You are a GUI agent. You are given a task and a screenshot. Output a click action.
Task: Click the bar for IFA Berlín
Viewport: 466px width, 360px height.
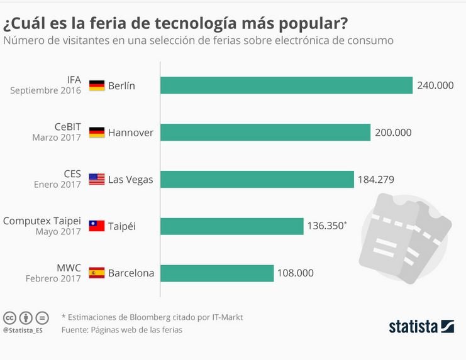pyautogui.click(x=287, y=85)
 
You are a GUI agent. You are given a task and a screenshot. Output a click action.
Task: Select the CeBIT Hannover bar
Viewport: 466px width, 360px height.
pyautogui.click(x=265, y=133)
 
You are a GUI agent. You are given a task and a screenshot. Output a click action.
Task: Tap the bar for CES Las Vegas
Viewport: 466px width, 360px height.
pyautogui.click(x=257, y=179)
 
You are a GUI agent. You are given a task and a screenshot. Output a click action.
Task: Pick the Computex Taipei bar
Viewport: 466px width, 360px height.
pyautogui.click(x=232, y=226)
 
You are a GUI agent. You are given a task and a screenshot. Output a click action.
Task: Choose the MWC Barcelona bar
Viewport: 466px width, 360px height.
pyautogui.click(x=217, y=273)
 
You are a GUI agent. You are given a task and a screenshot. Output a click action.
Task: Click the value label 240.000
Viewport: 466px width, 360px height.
pyautogui.click(x=435, y=85)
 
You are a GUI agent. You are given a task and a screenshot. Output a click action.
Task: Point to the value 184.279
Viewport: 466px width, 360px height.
pyautogui.click(x=376, y=180)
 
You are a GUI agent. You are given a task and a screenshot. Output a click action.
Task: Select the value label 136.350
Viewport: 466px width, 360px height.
pyautogui.click(x=325, y=226)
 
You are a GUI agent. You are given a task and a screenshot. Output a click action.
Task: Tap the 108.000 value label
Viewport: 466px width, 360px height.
pyautogui.click(x=296, y=273)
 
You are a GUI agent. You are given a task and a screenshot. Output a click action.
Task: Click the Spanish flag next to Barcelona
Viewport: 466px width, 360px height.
pyautogui.click(x=97, y=273)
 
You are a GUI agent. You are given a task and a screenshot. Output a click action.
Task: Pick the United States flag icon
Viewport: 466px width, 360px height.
pyautogui.click(x=97, y=179)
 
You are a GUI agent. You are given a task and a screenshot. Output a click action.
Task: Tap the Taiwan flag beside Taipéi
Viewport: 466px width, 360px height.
pyautogui.click(x=97, y=226)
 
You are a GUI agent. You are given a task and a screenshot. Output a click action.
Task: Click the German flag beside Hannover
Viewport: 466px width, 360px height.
pyautogui.click(x=97, y=133)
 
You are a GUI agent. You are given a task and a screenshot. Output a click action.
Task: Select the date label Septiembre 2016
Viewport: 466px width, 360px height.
pyautogui.click(x=45, y=90)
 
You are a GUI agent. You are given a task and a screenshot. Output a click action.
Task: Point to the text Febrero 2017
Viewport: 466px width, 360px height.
pyautogui.click(x=53, y=278)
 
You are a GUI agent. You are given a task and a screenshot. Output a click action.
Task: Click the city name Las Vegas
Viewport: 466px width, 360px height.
pyautogui.click(x=130, y=180)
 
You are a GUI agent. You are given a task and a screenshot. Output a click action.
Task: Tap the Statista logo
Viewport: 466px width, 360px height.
pyautogui.click(x=421, y=327)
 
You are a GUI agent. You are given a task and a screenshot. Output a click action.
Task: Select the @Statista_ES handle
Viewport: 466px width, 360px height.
pyautogui.click(x=23, y=330)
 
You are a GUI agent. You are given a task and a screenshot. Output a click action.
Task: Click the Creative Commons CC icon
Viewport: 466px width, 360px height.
pyautogui.click(x=9, y=318)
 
